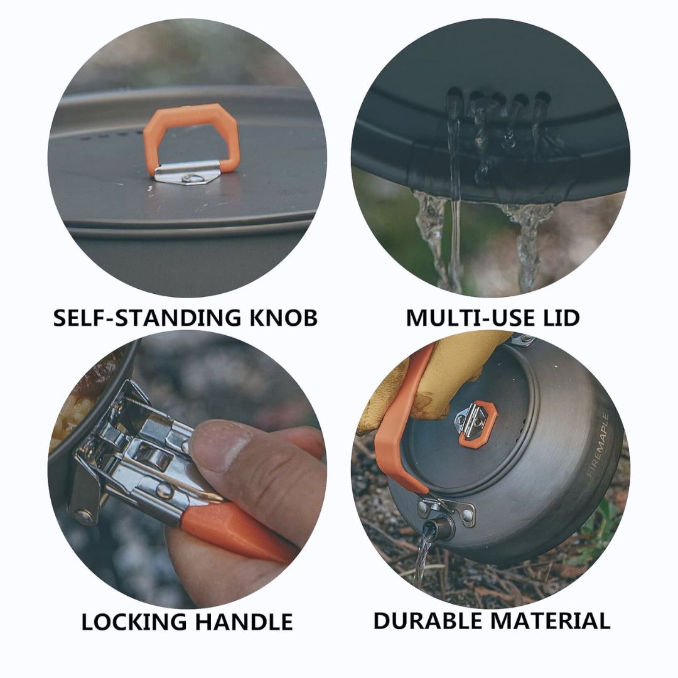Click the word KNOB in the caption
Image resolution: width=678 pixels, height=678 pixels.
pyautogui.click(x=283, y=318)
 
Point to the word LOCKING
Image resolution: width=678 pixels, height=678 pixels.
pyautogui.click(x=134, y=622)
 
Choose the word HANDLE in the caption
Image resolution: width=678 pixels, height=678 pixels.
pyautogui.click(x=244, y=622)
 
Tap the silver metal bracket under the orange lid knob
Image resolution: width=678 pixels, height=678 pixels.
pyautogui.click(x=187, y=173)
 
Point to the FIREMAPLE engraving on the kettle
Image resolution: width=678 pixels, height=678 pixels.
pyautogui.click(x=598, y=445)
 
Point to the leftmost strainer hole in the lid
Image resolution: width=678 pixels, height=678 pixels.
pyautogui.click(x=453, y=97)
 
